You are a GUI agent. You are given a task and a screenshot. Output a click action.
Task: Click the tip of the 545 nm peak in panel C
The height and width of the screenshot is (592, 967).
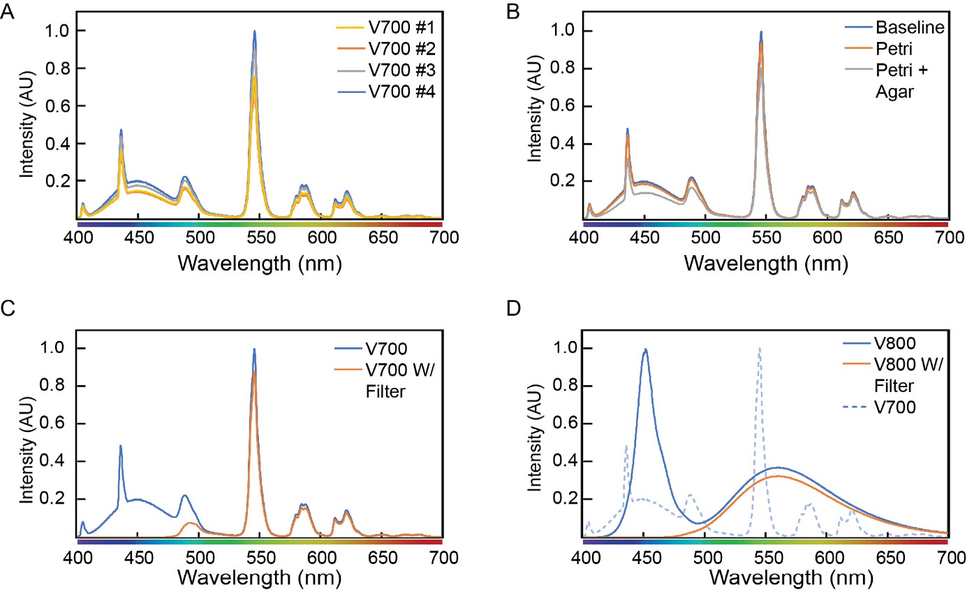[x=254, y=349]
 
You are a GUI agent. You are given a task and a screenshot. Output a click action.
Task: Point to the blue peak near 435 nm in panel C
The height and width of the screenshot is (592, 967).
[x=121, y=446]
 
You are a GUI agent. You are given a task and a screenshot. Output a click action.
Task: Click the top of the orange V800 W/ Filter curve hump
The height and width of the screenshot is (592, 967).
[x=778, y=476]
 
